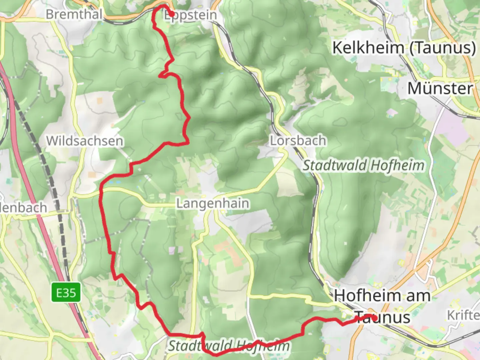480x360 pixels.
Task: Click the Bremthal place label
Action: pos(74,14)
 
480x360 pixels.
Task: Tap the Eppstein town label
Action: pos(191,15)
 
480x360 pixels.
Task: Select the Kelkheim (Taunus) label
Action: pos(404,48)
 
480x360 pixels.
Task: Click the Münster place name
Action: pos(440,89)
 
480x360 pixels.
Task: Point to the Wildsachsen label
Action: pos(85,141)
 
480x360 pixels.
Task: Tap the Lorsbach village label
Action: pos(298,141)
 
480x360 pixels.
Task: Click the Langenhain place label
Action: pos(213,203)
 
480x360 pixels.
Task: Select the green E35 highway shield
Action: pos(66,293)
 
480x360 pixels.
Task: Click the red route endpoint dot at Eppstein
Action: pos(171,14)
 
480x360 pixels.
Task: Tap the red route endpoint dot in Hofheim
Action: pos(374,318)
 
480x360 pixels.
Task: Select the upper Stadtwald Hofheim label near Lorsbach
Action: pos(363,165)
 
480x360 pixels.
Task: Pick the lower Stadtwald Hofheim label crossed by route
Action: pos(229,346)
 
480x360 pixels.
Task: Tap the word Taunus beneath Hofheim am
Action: pos(382,317)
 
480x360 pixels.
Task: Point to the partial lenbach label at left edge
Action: pos(23,208)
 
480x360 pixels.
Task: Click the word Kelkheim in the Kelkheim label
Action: pos(368,48)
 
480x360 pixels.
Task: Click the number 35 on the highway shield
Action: pos(71,293)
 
